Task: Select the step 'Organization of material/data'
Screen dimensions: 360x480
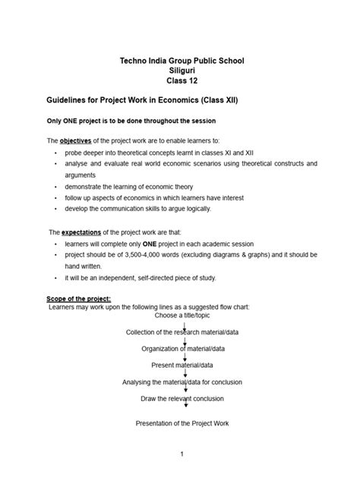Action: click(183, 349)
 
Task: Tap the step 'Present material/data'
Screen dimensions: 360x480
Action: click(183, 365)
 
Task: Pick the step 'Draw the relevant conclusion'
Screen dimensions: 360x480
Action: click(182, 399)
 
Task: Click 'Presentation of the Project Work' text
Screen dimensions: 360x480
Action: click(182, 423)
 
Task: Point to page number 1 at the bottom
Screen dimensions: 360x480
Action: click(182, 454)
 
